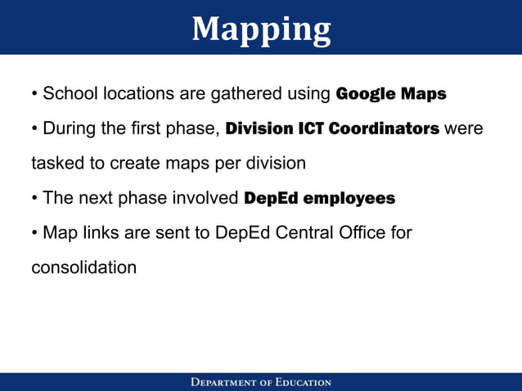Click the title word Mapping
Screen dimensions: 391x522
[261, 29]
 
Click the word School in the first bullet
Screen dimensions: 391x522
[70, 93]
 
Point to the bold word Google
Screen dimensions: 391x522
[364, 93]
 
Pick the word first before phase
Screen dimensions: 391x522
[159, 128]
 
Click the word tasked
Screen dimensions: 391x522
[56, 163]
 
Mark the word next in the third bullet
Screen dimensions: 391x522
[97, 198]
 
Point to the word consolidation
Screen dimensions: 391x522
[83, 267]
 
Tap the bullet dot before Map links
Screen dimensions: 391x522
[34, 233]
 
